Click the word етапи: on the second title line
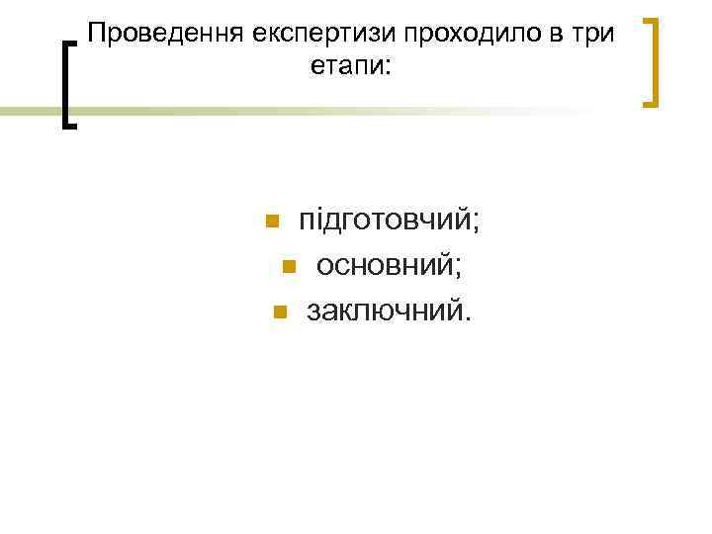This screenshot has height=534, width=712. (350, 68)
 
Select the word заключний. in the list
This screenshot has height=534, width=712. (391, 311)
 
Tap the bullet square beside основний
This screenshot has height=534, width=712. (288, 265)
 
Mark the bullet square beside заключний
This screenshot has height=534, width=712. (279, 312)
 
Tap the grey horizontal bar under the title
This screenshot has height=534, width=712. (30, 112)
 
